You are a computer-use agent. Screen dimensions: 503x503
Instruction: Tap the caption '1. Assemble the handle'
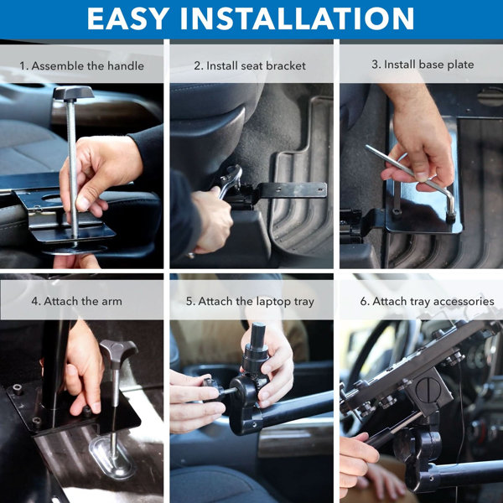(82, 65)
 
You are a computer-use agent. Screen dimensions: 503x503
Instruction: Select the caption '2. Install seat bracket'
(251, 65)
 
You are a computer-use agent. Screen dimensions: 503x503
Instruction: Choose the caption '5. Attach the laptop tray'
(251, 301)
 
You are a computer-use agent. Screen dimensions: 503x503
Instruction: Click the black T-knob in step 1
(73, 93)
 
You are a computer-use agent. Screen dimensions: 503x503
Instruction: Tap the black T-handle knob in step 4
(118, 350)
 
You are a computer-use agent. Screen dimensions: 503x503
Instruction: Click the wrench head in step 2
(230, 178)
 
